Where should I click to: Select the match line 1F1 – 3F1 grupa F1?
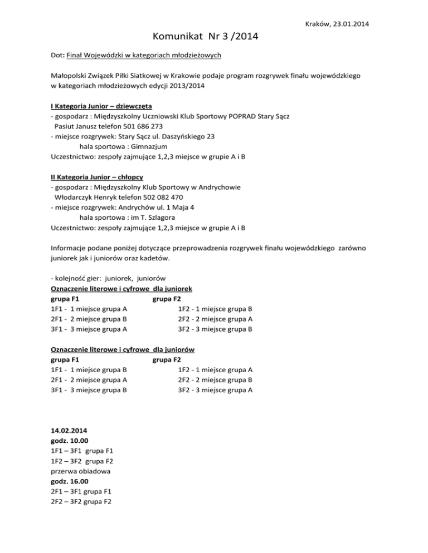click(x=82, y=451)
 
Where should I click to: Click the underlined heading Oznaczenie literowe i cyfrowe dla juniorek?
click(x=121, y=289)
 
